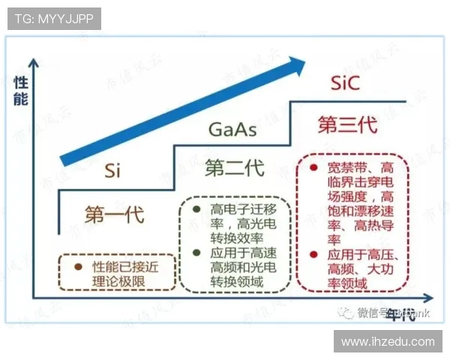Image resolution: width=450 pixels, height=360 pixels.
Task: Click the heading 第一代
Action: (x=114, y=214)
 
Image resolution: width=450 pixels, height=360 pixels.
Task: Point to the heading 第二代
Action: (x=234, y=168)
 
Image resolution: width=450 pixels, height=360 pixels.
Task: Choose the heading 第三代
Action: (x=346, y=124)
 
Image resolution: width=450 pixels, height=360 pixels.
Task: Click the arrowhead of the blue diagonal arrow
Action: (x=299, y=65)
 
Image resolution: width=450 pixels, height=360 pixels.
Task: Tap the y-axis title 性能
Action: (x=20, y=89)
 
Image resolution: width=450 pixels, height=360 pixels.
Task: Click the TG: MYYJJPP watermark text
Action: (x=54, y=19)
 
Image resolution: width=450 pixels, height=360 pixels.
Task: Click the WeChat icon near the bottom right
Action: (x=346, y=312)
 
